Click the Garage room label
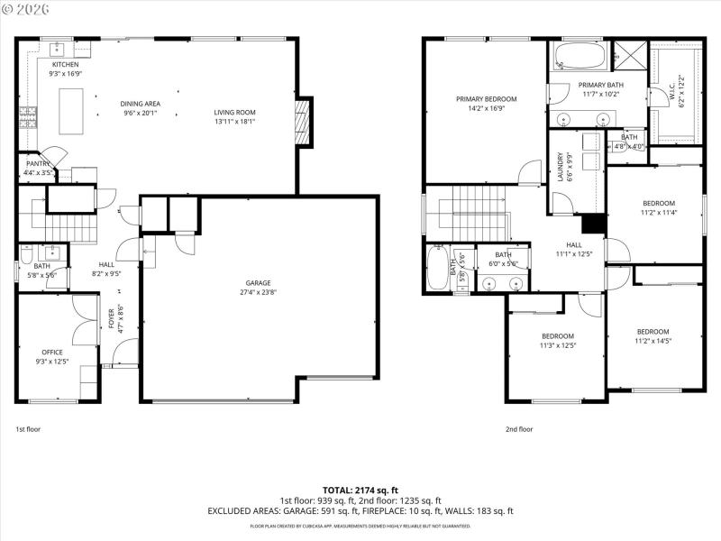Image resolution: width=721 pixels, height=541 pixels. point(257,283)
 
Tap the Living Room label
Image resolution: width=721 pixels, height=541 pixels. point(234,113)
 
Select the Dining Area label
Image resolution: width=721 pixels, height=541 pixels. point(140,104)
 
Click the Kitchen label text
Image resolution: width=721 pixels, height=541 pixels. point(65,65)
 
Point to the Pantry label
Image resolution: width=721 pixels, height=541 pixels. point(38,163)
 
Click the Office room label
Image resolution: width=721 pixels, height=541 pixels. point(52,352)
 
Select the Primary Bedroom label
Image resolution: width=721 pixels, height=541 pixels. point(486,99)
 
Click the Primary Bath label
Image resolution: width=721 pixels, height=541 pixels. point(598,84)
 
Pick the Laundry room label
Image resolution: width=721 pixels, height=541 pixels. point(561,166)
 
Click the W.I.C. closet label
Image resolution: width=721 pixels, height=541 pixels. point(671,92)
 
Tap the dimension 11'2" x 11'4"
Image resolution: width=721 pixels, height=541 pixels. point(658,214)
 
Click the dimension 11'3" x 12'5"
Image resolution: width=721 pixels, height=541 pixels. point(557,345)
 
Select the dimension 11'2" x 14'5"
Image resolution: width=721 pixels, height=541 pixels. point(653,341)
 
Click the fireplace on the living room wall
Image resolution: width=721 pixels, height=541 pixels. point(304,121)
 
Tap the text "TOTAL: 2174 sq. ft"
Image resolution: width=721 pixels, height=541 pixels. point(360,490)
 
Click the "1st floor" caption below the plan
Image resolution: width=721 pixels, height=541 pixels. point(29,429)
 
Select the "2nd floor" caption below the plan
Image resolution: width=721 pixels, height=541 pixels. point(519,429)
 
